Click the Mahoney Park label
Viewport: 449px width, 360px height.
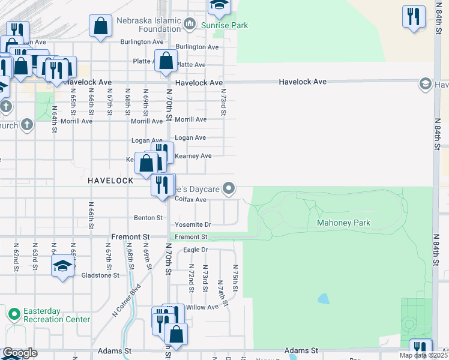tap(343, 223)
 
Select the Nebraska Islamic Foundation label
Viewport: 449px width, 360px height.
tap(149, 25)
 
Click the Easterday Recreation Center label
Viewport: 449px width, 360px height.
tap(56, 316)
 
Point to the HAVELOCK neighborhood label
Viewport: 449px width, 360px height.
tap(110, 180)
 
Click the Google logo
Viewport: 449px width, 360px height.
tap(19, 353)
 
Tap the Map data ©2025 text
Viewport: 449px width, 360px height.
tap(423, 355)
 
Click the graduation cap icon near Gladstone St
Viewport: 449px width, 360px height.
tap(62, 266)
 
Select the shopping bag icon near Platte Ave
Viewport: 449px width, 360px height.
tap(166, 61)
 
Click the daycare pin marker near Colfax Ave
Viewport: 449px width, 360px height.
tap(228, 189)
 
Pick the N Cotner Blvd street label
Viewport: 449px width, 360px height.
tap(125, 300)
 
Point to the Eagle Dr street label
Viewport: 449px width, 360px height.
tap(195, 250)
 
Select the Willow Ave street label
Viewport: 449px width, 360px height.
tap(202, 307)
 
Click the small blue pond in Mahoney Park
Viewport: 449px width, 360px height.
tap(324, 298)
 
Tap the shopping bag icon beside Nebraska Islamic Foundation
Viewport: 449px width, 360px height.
tap(100, 26)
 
